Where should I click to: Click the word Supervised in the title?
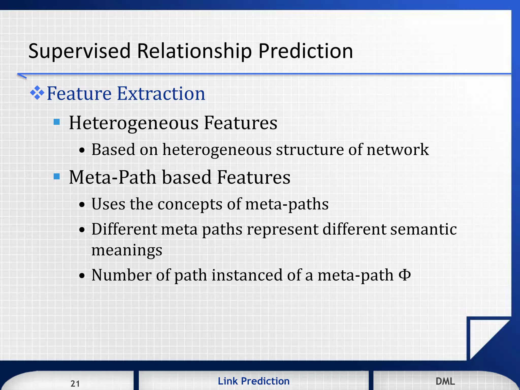pos(79,51)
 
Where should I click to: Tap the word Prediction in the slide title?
pos(305,51)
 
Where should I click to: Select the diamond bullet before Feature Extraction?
pos(37,93)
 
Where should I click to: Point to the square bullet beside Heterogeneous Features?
pos(57,122)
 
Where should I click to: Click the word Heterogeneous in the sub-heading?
pos(134,123)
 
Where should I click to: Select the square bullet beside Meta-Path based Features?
pos(57,176)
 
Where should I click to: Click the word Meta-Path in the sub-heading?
pos(112,177)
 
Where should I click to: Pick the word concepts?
pos(190,204)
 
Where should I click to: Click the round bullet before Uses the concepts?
pos(82,205)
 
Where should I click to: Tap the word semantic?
pos(423,229)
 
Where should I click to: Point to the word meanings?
pos(127,250)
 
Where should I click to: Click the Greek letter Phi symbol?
pos(405,275)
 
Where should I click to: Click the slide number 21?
pos(75,383)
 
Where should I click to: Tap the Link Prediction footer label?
pos(253,381)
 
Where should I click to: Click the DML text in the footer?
pos(445,381)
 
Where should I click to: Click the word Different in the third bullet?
pos(124,229)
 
